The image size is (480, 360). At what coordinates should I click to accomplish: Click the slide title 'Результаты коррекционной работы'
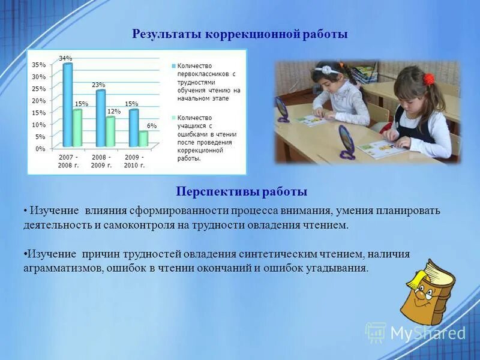point(240,34)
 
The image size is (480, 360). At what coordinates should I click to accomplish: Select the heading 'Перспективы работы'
point(241,191)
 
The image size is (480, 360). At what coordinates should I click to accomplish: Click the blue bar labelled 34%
point(68,105)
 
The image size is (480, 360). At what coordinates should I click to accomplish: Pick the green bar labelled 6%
point(143,139)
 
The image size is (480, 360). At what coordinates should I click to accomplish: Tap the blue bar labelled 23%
point(101,118)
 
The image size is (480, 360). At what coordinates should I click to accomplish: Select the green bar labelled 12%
point(110,131)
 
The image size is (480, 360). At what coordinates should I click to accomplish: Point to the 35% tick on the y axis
point(38,65)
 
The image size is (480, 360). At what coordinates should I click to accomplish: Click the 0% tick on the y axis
point(40,148)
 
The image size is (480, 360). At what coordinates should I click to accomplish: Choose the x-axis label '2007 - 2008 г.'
point(68,161)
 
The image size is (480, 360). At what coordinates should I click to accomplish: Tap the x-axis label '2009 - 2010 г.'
point(134,161)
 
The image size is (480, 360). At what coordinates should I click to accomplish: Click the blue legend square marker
point(173,65)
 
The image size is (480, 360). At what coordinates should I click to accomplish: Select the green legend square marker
point(173,118)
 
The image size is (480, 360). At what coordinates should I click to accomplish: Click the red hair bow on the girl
point(428,78)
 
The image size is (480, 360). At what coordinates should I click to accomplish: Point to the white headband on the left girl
point(327,70)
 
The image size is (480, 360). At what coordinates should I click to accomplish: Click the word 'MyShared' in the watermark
point(428,333)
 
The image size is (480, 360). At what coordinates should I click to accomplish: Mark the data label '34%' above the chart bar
point(65,58)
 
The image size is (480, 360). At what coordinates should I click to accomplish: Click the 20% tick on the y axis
point(38,101)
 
